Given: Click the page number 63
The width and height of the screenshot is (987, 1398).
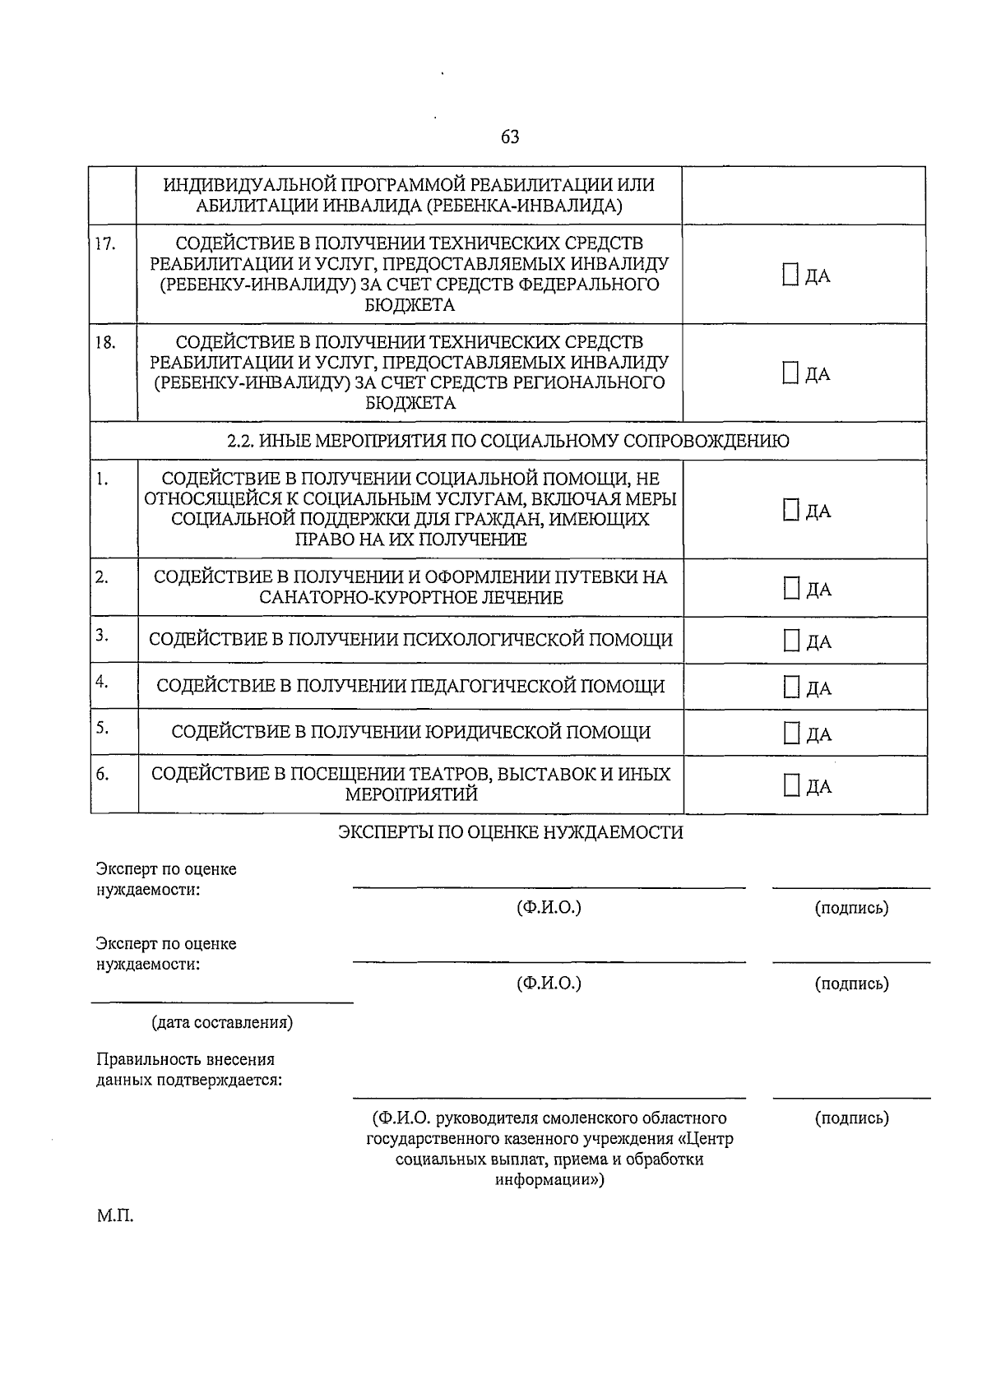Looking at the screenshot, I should (510, 137).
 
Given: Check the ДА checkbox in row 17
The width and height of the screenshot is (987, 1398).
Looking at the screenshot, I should (790, 275).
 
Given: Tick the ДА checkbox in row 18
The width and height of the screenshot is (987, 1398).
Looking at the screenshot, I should (790, 373).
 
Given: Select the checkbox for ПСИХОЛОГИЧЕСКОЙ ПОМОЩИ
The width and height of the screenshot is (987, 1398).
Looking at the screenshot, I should (791, 641).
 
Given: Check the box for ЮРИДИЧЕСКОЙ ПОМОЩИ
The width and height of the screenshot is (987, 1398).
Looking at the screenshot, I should (791, 733).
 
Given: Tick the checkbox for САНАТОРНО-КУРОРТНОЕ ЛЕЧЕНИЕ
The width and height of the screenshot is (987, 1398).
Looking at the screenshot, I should (791, 588).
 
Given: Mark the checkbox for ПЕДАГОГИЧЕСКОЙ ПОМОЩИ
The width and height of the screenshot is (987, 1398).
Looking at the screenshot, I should (791, 687).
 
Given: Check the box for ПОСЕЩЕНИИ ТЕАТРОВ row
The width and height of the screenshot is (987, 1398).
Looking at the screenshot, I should (791, 785).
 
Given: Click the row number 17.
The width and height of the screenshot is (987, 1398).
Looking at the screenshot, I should (104, 243).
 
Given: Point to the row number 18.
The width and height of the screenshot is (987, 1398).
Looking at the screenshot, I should (104, 342).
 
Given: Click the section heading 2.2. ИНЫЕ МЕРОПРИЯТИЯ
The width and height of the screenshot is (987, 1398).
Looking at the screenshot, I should (507, 441).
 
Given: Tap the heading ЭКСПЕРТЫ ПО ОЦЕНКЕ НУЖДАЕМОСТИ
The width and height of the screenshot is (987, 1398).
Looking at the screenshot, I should (511, 832).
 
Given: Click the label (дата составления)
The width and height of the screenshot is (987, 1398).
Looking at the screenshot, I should (222, 1023).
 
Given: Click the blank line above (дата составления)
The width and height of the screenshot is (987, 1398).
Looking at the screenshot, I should (222, 1002).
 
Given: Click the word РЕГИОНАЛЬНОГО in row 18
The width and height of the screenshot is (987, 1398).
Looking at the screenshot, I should (589, 382).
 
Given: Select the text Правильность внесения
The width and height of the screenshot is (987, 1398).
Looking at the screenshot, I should (185, 1059).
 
